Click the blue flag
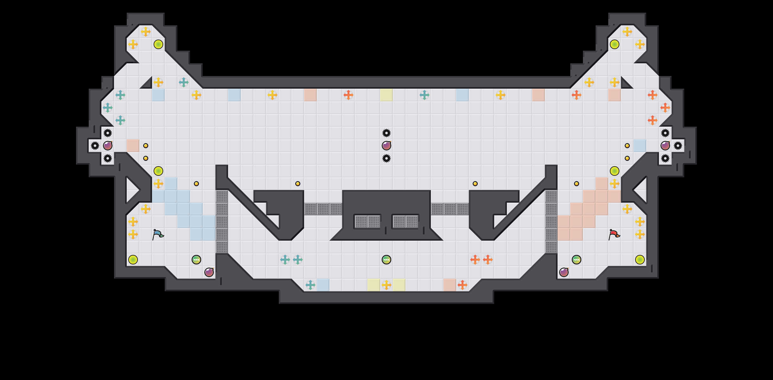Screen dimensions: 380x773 pos(158,235)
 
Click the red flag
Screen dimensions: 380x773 pos(614,235)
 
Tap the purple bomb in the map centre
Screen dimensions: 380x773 pos(386,146)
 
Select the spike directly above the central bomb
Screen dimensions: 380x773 pos(386,133)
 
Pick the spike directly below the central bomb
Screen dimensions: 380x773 pos(386,158)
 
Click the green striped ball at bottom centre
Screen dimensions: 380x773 pos(386,260)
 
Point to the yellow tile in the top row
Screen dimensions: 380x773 pos(386,95)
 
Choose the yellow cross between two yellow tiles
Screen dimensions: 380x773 pos(386,285)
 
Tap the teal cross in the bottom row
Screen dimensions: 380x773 pos(310,285)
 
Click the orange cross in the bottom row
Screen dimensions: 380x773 pos(463,285)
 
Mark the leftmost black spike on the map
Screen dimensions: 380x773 pos(95,146)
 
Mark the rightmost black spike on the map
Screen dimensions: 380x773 pos(678,146)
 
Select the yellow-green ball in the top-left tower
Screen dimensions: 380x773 pos(158,44)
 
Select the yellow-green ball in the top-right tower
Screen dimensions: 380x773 pos(615,44)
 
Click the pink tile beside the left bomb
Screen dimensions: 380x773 pos(133,146)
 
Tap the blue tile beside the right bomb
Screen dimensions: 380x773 pos(640,146)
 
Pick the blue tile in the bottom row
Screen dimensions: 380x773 pos(323,285)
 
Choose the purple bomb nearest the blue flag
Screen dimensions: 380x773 pos(209,272)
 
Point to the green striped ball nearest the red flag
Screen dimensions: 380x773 pos(577,260)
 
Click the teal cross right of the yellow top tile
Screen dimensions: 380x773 pos(425,95)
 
